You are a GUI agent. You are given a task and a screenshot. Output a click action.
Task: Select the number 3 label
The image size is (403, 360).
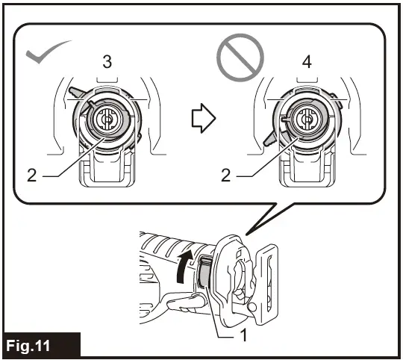tap(107, 63)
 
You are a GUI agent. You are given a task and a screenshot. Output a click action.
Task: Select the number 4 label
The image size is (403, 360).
tap(306, 63)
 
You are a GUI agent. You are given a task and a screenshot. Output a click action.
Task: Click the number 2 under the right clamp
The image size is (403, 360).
tap(225, 177)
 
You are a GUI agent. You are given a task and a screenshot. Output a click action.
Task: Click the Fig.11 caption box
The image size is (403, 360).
tap(40, 346)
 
